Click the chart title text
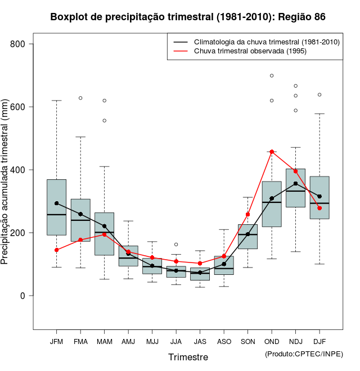coord(188,17)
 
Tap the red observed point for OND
coord(272,152)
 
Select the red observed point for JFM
coord(57,250)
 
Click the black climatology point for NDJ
coord(295,183)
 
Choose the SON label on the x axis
coord(247,342)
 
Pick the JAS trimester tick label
coord(200,342)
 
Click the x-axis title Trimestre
coord(188,358)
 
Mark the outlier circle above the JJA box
coord(176,245)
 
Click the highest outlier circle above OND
coord(272,75)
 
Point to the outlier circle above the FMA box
coord(80,98)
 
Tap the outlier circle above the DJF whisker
coord(319,94)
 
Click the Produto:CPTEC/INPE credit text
coord(304,354)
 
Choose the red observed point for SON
coord(247,214)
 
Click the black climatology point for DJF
coord(319,196)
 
